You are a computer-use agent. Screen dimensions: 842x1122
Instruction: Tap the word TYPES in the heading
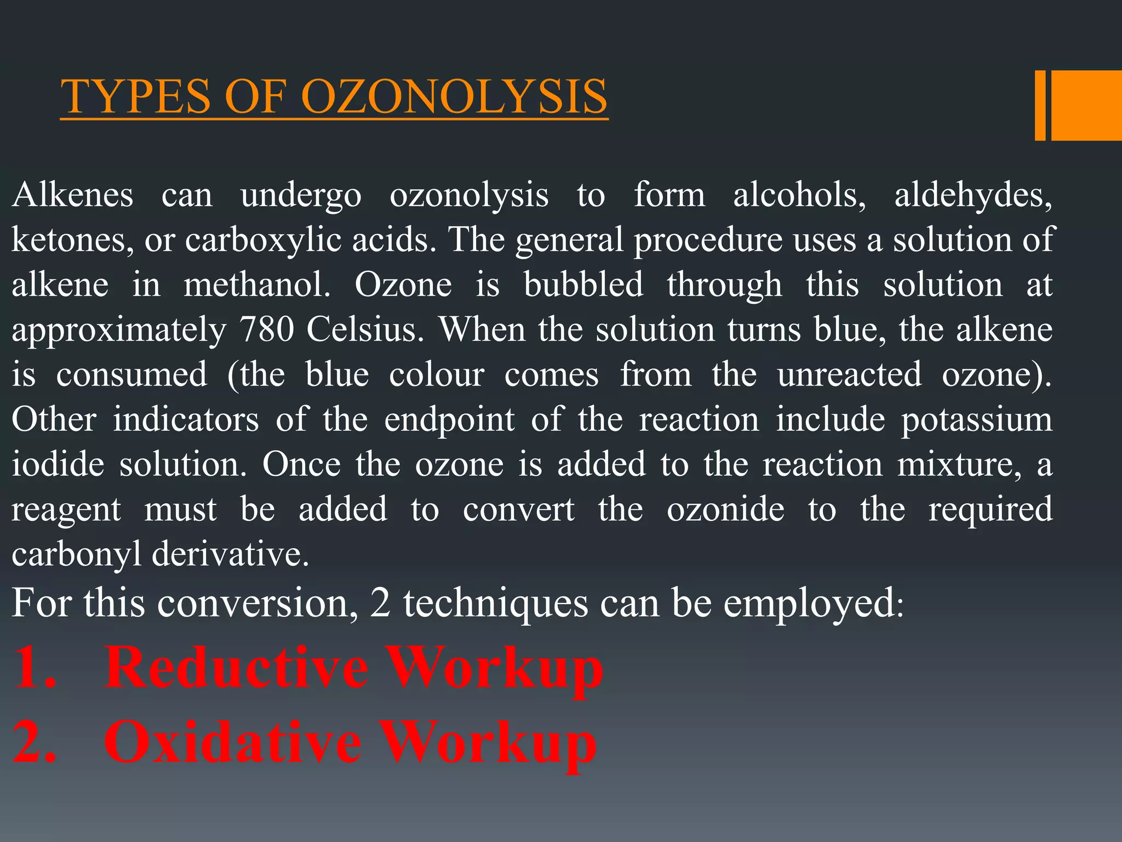pyautogui.click(x=136, y=97)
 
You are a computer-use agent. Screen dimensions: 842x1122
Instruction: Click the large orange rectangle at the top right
pyautogui.click(x=1086, y=105)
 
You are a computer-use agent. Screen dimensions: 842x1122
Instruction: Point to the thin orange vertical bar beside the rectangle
pyautogui.click(x=1040, y=105)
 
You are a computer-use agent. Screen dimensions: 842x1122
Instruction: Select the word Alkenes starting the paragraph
pyautogui.click(x=72, y=195)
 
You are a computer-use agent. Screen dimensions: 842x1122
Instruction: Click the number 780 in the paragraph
pyautogui.click(x=266, y=330)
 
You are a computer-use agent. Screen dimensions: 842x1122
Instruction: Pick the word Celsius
pyautogui.click(x=365, y=330)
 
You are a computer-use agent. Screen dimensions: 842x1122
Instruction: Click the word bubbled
pyautogui.click(x=583, y=285)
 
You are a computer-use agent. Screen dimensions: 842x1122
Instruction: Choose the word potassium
pyautogui.click(x=977, y=420)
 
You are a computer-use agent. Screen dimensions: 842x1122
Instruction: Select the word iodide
pyautogui.click(x=58, y=465)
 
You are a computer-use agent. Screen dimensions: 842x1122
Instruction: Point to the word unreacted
pyautogui.click(x=849, y=375)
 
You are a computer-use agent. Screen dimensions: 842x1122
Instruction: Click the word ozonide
pyautogui.click(x=725, y=510)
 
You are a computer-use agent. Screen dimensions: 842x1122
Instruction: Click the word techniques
pyautogui.click(x=495, y=603)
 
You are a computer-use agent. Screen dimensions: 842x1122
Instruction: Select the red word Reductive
pyautogui.click(x=236, y=668)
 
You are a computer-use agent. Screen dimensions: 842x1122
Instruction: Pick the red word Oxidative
pyautogui.click(x=233, y=742)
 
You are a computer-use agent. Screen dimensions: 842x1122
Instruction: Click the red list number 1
pyautogui.click(x=33, y=668)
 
